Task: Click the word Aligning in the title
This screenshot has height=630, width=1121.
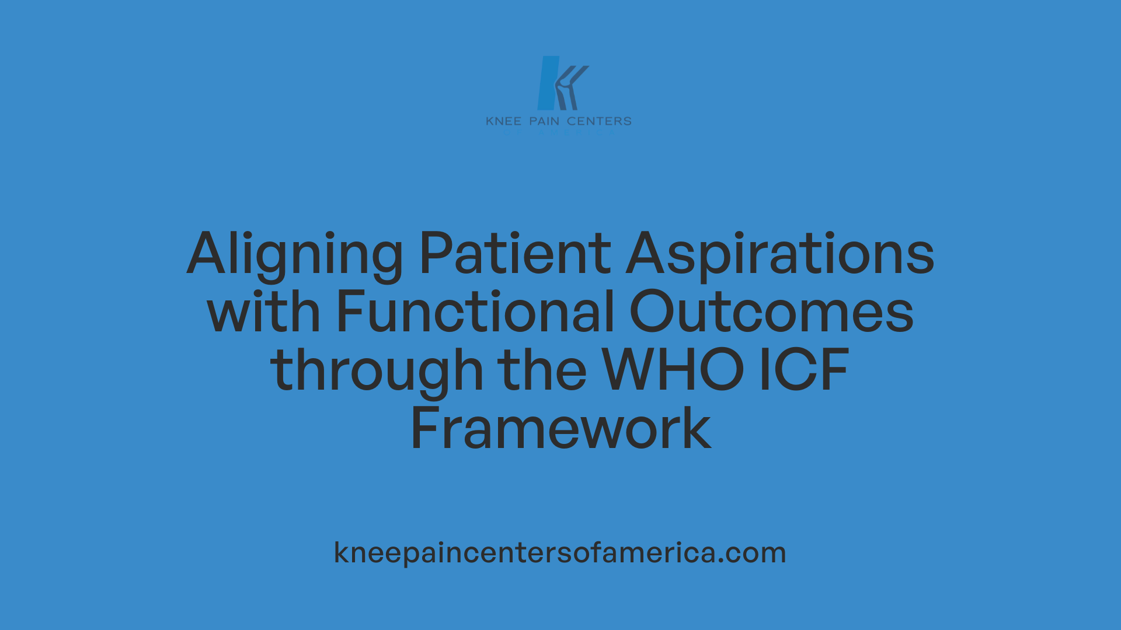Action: click(x=295, y=254)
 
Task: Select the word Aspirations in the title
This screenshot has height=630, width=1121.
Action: click(x=780, y=254)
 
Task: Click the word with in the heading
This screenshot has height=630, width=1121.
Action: click(x=263, y=312)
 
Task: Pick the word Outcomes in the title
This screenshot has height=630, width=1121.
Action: click(x=771, y=312)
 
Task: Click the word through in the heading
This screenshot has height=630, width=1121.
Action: click(x=377, y=371)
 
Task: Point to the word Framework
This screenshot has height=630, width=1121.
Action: click(x=560, y=429)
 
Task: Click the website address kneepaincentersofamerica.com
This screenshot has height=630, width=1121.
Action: click(x=560, y=552)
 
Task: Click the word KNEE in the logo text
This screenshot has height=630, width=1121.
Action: click(x=504, y=121)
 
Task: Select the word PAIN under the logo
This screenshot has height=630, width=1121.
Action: click(x=544, y=121)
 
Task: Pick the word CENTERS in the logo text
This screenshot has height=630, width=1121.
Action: click(x=599, y=121)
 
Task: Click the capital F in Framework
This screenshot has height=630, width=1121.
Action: click(x=424, y=429)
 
